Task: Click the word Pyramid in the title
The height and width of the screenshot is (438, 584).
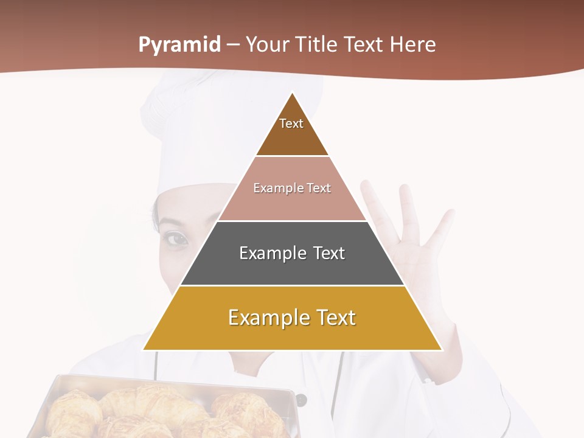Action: click(179, 45)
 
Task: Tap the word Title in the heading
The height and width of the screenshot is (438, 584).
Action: click(318, 45)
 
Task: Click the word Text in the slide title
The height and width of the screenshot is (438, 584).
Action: click(365, 45)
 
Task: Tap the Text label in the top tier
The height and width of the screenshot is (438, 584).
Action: click(291, 123)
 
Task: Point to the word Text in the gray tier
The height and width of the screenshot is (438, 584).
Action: click(328, 253)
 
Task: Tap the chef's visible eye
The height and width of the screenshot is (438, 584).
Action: click(177, 239)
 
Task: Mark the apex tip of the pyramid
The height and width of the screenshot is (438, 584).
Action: click(292, 92)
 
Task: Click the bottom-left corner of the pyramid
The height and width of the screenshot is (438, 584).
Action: click(144, 349)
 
